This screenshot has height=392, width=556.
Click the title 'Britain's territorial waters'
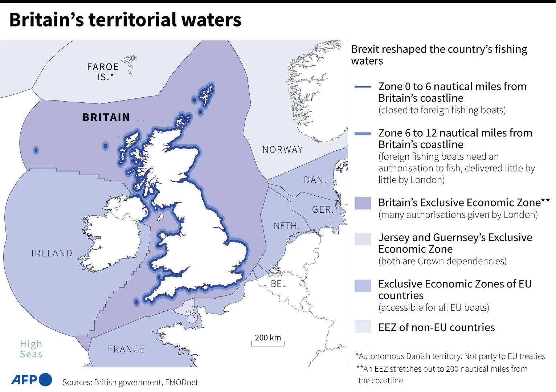pos(125,20)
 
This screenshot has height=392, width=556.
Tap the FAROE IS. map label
pos(103,72)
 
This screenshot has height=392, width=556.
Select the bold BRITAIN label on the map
pos(106,117)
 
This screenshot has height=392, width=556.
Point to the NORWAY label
pos(282,150)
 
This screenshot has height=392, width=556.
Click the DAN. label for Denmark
pos(315,180)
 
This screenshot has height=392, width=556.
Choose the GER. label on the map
pos(323,209)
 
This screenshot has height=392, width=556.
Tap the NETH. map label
pos(286,226)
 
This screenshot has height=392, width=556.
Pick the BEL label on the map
pos(278,283)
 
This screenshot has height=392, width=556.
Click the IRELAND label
pos(52,253)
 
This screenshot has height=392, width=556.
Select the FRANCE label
pos(126,349)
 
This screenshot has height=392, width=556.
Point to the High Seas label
pos(31,349)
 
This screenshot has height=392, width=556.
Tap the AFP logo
pos(31,380)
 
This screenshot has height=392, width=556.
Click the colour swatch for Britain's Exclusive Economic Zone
pos(363,203)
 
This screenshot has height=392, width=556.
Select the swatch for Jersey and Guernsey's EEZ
pos(363,239)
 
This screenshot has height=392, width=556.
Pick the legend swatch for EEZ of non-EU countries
pos(363,327)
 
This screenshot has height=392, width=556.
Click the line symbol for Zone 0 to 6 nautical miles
pos(363,87)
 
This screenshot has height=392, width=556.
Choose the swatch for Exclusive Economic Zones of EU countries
pos(363,286)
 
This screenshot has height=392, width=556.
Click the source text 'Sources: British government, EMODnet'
pos(130,382)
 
